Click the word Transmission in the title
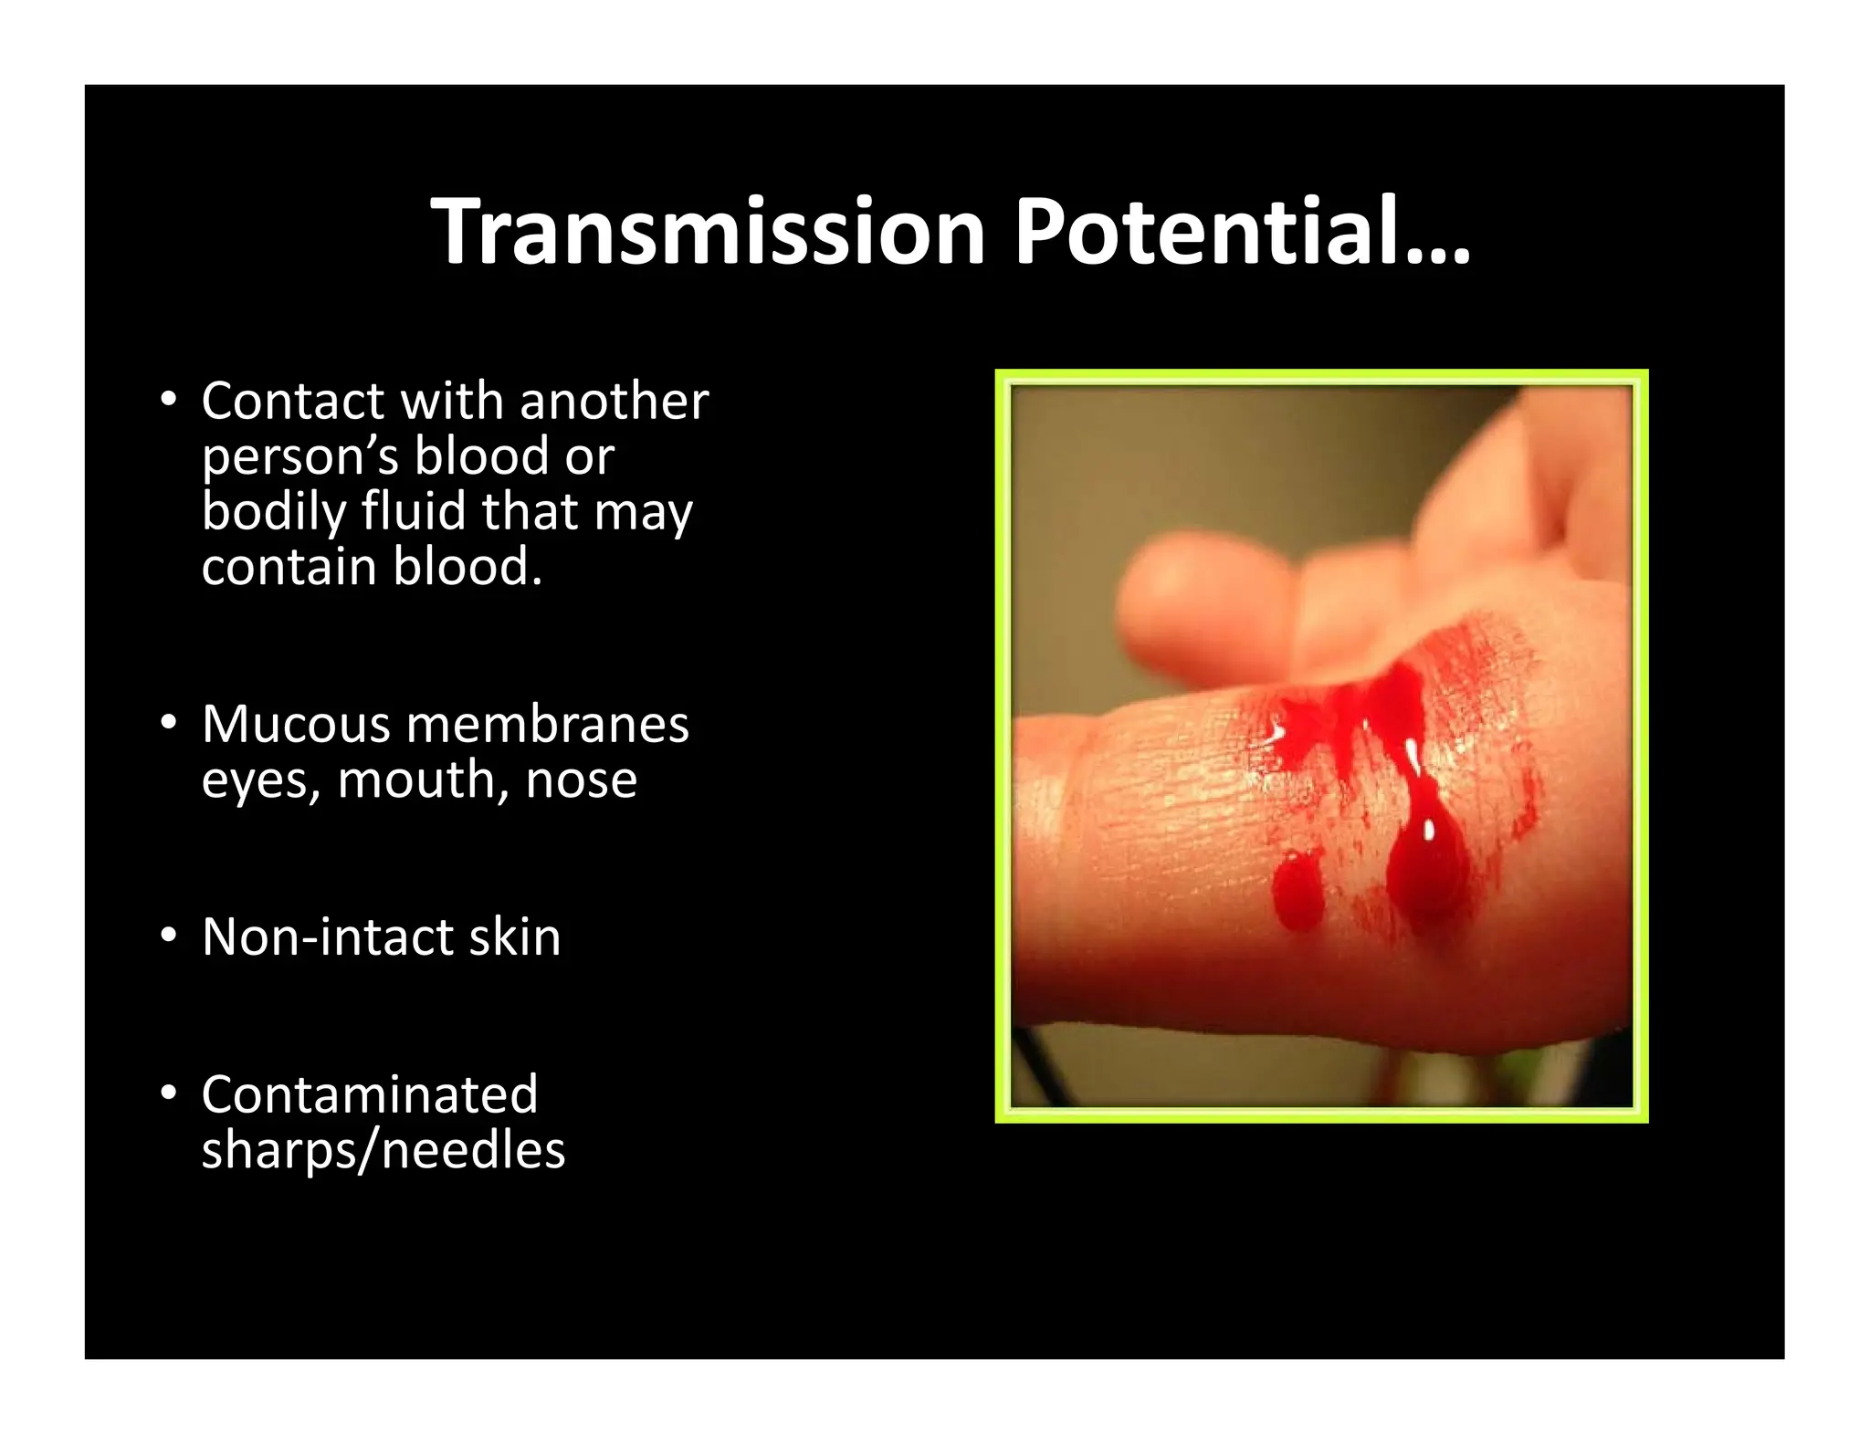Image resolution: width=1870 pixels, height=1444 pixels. pyautogui.click(x=708, y=232)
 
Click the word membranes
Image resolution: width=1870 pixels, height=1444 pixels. pyautogui.click(x=547, y=724)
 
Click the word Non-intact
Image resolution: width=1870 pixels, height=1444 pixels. pyautogui.click(x=326, y=937)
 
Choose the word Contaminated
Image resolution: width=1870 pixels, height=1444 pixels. pyautogui.click(x=370, y=1094)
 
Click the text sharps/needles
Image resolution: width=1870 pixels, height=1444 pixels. pyautogui.click(x=383, y=1150)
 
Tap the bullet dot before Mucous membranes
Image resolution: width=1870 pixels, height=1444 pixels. pyautogui.click(x=167, y=723)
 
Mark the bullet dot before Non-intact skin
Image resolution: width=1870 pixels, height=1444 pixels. pyautogui.click(x=167, y=936)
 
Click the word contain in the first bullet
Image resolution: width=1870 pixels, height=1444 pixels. pyautogui.click(x=289, y=567)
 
